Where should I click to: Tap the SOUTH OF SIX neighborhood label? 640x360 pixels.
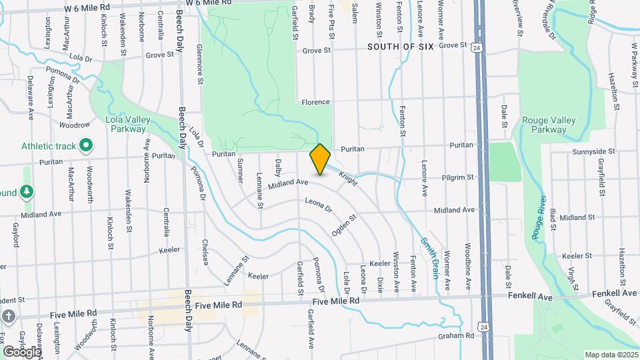click(401, 47)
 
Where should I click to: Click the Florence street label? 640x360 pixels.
click(315, 102)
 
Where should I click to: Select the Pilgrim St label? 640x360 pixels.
click(457, 178)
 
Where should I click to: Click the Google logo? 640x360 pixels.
click(21, 351)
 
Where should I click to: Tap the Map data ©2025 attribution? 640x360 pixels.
click(611, 355)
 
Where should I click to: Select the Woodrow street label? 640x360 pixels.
click(74, 125)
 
